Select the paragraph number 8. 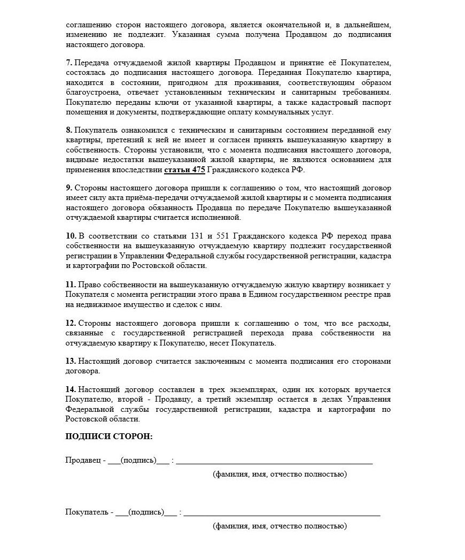point(69,130)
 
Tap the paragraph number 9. point(69,188)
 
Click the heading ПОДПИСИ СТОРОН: point(109,436)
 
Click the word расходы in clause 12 point(375,323)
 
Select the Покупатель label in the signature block point(87,512)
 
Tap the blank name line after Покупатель point(282,513)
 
